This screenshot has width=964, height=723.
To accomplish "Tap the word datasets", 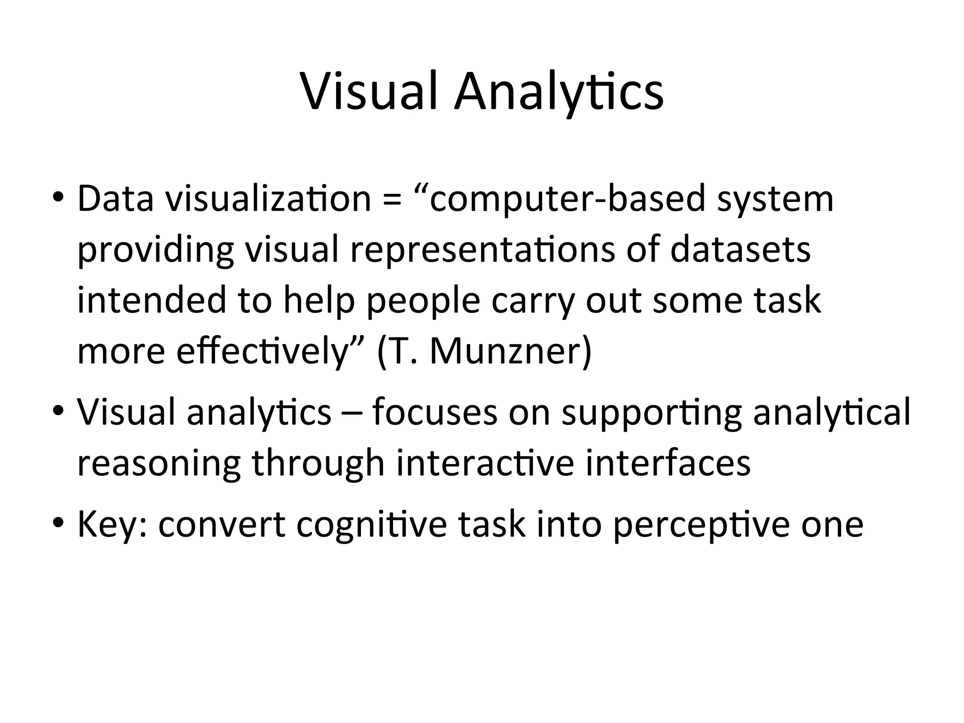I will point(740,250).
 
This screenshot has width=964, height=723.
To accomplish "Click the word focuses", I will point(434,412).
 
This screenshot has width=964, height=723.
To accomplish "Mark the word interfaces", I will point(668,463).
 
